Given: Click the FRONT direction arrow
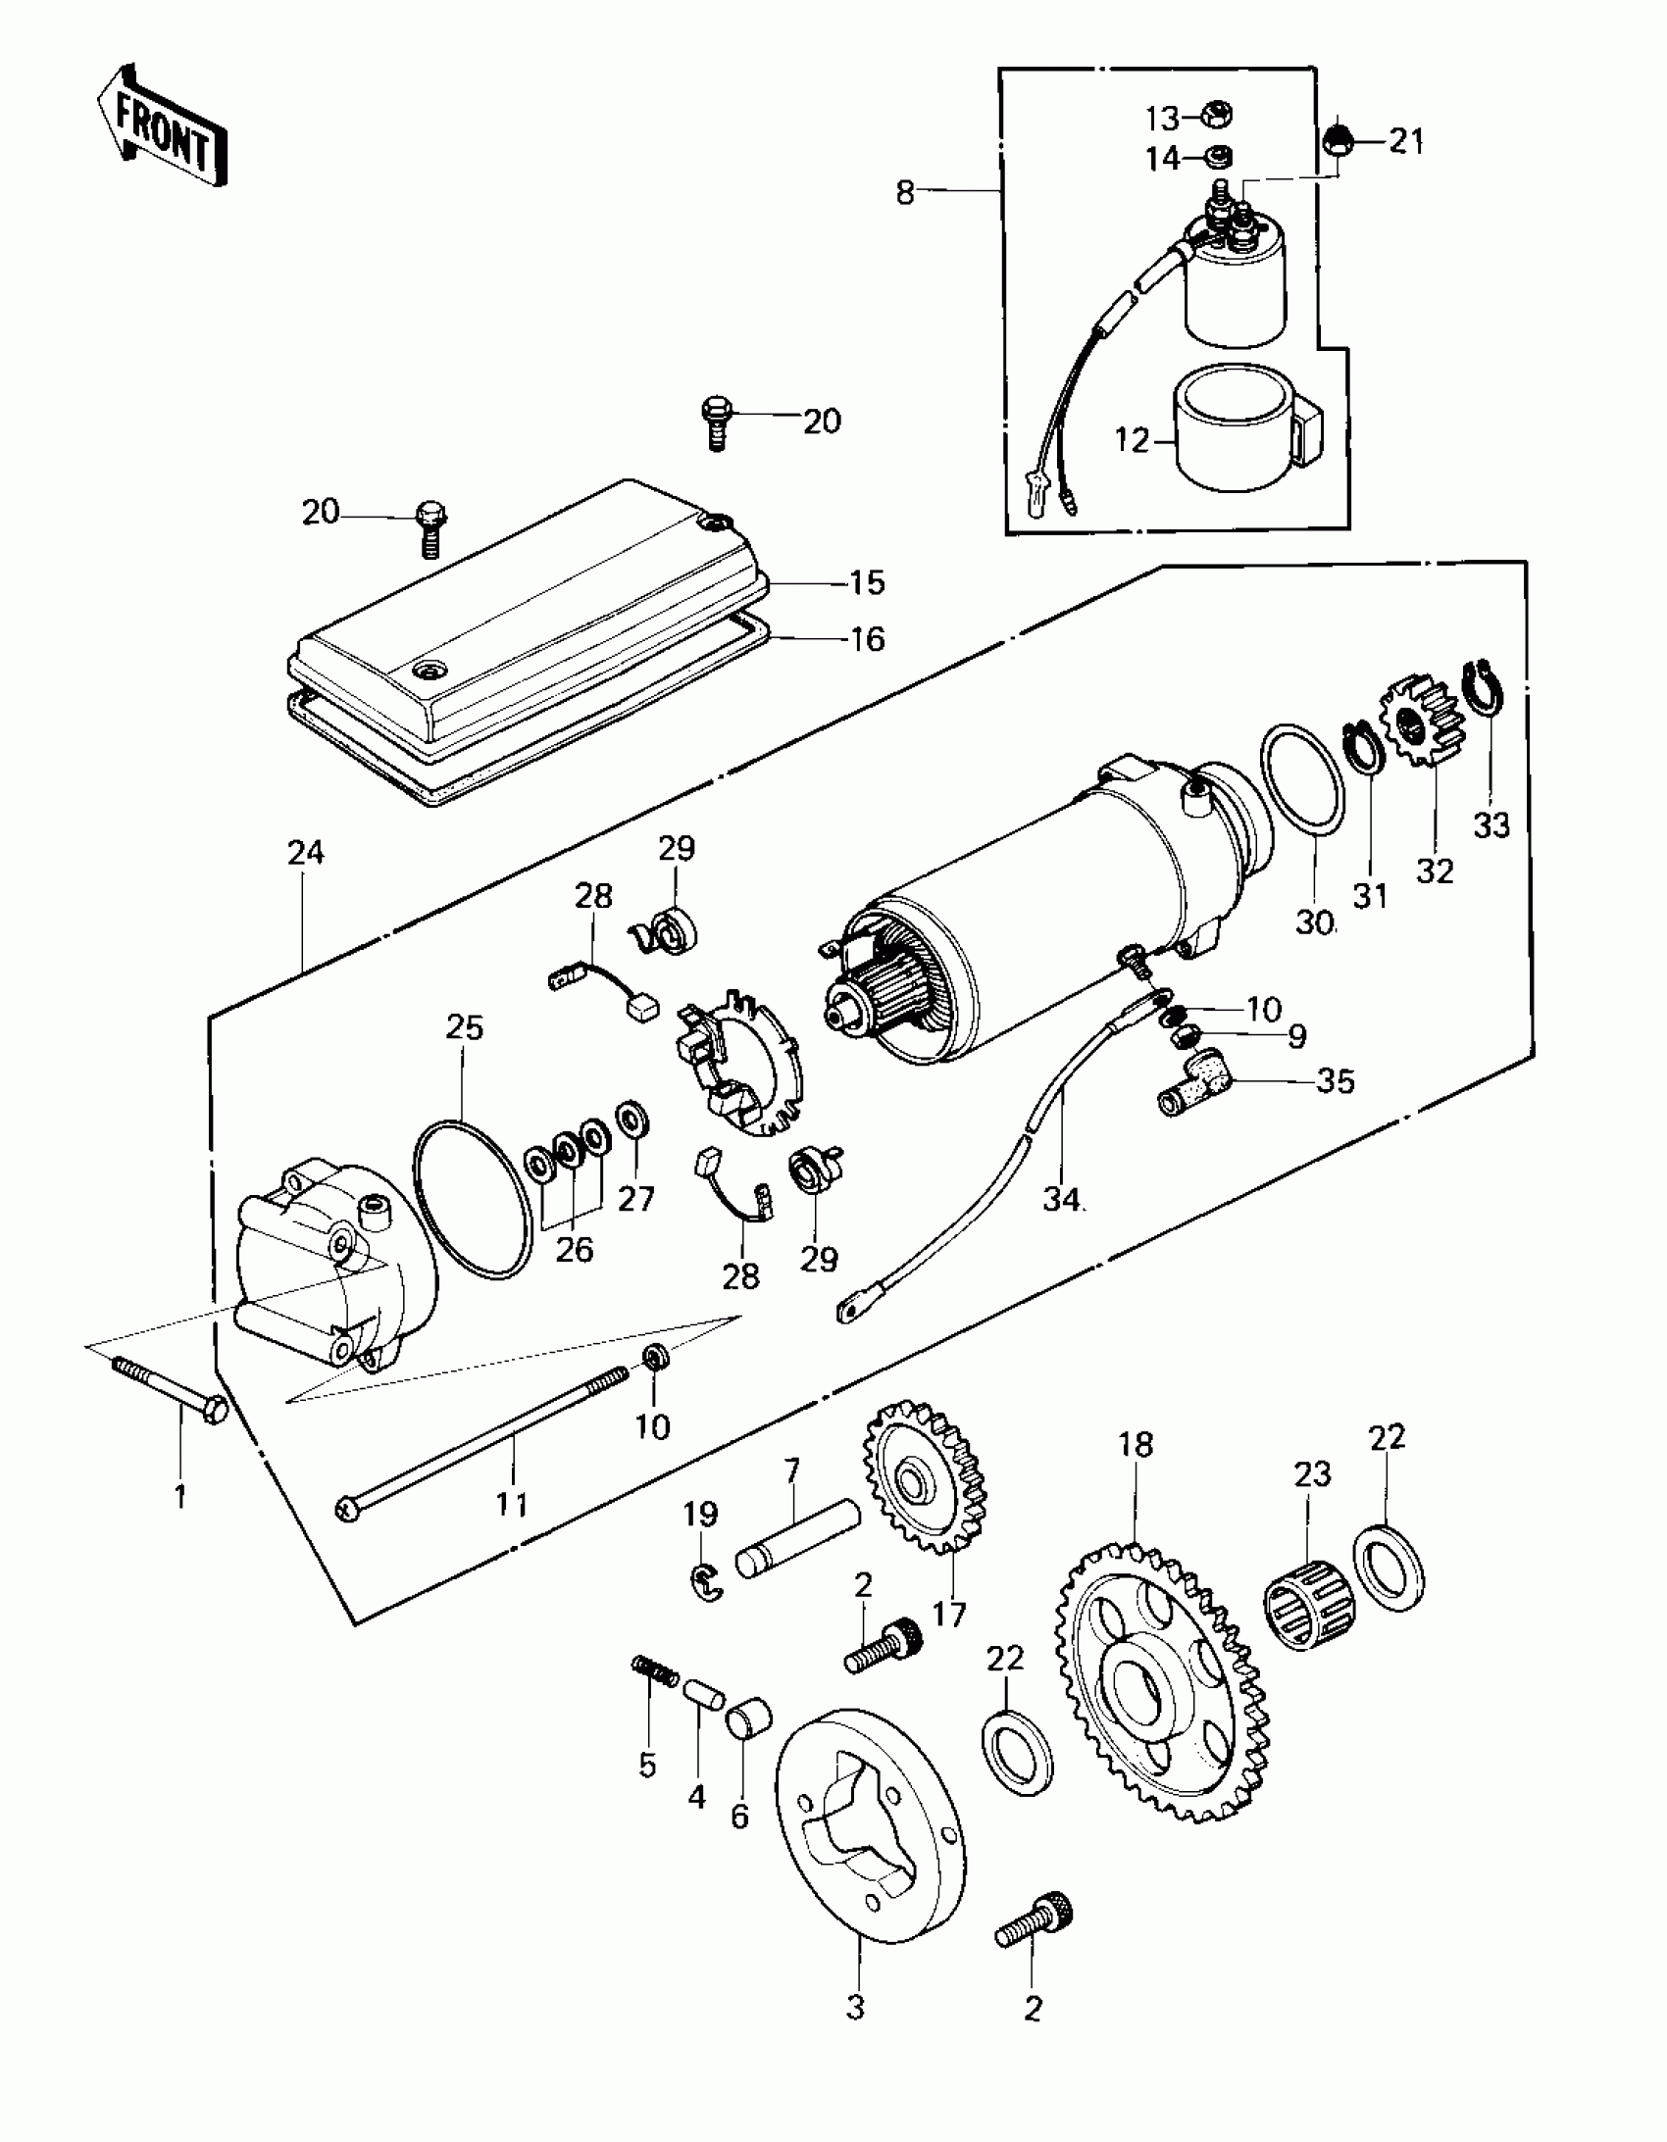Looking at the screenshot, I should coord(162,127).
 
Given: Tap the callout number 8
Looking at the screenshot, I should coord(905,192).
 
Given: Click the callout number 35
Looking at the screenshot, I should coord(1336,1081).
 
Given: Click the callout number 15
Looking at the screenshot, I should coord(867,582).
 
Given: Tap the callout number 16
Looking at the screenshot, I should coord(867,639).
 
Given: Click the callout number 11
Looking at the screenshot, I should coord(511,1531).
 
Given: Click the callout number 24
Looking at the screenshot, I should coord(305,852).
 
